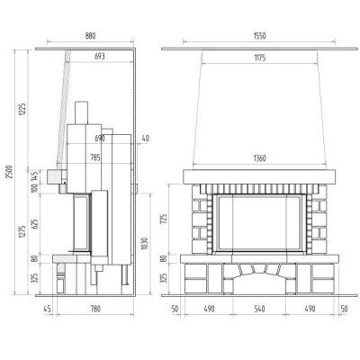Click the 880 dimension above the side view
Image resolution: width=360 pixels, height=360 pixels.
click(x=90, y=36)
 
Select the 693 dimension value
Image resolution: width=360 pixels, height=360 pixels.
click(x=100, y=56)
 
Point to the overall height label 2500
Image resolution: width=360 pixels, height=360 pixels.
click(x=10, y=172)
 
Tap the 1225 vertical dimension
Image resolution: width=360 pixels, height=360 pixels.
click(x=22, y=110)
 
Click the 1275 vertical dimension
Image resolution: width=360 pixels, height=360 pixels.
click(x=22, y=231)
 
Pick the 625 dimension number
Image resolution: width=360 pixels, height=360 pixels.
click(x=35, y=224)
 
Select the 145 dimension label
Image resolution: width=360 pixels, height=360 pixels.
click(x=35, y=176)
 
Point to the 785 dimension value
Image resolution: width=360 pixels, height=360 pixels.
click(x=95, y=157)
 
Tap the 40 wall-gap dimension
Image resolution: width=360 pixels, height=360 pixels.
click(x=145, y=139)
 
